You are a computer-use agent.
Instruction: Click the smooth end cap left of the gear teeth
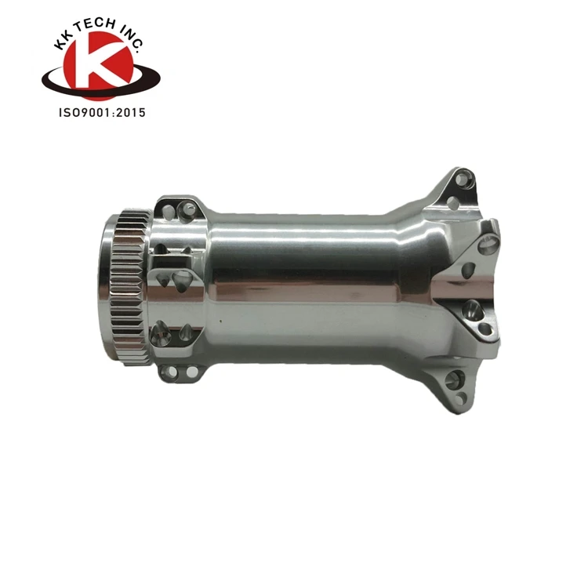108,286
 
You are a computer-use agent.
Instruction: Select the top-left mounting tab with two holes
178,209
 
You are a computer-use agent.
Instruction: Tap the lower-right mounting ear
456,384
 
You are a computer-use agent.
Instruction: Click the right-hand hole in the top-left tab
189,209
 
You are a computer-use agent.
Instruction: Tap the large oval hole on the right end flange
468,271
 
